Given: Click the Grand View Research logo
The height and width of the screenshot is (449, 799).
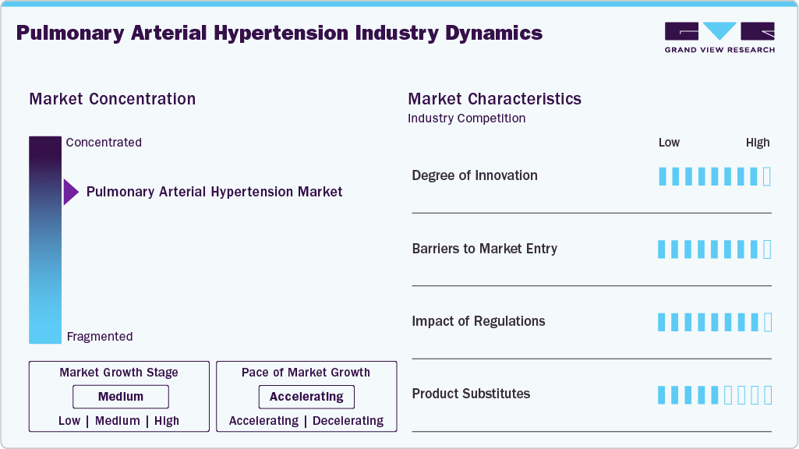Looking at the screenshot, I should click(719, 37).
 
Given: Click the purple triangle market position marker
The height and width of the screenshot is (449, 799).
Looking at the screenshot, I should click(70, 192).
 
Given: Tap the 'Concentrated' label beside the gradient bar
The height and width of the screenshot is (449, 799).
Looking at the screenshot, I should click(104, 143).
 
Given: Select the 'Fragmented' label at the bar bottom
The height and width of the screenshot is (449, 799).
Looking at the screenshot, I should click(100, 337).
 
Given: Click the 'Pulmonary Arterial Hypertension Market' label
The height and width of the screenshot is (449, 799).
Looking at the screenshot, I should click(214, 192).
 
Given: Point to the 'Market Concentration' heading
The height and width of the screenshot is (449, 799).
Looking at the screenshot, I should click(112, 99).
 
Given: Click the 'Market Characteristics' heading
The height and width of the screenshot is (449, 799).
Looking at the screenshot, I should click(494, 99).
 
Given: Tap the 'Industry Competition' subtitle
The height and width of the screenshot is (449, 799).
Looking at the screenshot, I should click(466, 118).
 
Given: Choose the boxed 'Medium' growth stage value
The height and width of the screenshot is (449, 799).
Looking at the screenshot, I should click(120, 397).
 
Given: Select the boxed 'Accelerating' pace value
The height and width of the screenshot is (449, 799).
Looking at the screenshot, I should click(306, 397).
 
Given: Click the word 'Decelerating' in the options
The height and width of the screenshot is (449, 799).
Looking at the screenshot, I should click(348, 421).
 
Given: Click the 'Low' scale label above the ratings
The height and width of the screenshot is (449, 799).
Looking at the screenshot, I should click(669, 143).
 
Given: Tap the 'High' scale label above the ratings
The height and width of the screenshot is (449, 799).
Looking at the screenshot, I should click(757, 143).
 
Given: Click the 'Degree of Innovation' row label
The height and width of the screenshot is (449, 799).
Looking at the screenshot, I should click(474, 175).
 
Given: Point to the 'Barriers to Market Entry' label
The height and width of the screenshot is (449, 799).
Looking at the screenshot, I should click(484, 249).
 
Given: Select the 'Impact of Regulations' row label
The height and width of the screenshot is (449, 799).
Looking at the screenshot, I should click(478, 321).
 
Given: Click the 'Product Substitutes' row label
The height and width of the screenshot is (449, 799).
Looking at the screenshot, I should click(471, 394).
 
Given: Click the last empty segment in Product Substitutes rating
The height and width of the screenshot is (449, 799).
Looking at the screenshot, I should click(767, 395).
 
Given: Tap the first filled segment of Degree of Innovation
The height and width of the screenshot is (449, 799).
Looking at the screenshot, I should click(663, 176).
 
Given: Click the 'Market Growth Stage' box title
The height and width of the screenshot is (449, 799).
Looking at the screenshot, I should click(118, 373).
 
